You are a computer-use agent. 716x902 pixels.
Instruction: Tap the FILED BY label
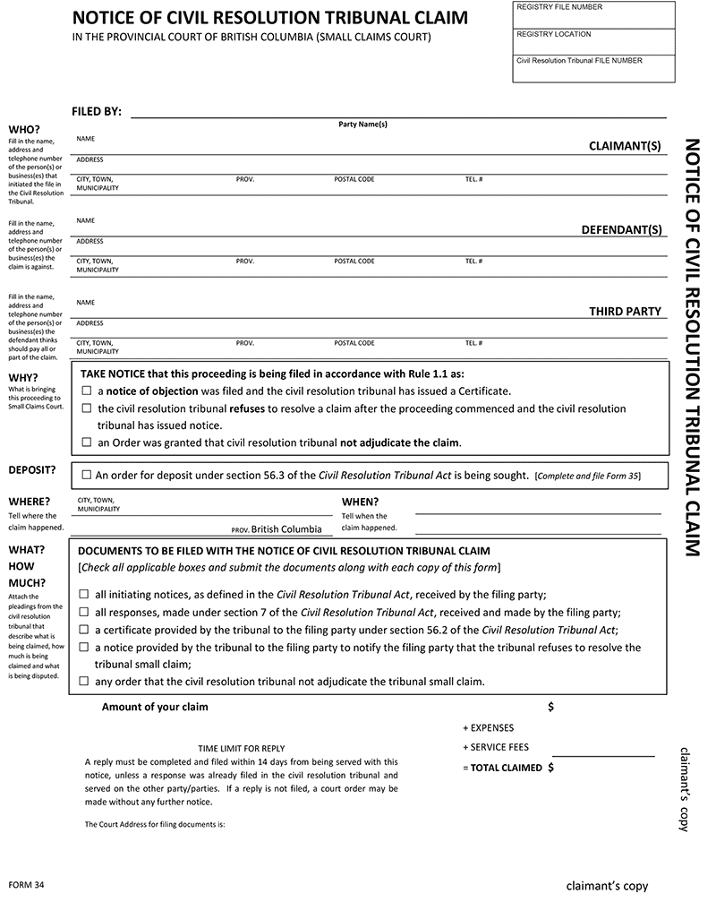click(97, 112)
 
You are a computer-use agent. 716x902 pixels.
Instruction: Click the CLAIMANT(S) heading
click(625, 146)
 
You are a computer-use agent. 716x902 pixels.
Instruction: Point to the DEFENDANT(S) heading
click(622, 230)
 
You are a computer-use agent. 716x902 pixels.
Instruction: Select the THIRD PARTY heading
click(625, 312)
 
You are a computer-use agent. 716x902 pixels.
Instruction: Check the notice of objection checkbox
click(87, 391)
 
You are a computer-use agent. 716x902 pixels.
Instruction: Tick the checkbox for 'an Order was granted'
click(87, 442)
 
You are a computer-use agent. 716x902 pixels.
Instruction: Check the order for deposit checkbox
click(86, 476)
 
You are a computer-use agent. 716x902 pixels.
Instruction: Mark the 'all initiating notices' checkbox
click(84, 594)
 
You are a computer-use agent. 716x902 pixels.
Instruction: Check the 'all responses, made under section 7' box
click(84, 613)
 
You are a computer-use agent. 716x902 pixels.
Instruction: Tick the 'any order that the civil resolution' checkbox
click(84, 682)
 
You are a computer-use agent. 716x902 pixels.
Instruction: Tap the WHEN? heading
click(360, 502)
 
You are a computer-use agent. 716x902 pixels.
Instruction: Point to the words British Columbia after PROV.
click(286, 529)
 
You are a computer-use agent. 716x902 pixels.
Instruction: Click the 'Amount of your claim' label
click(155, 707)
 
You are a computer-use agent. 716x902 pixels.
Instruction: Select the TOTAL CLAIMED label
click(507, 768)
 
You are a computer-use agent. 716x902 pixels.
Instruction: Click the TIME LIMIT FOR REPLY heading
click(241, 748)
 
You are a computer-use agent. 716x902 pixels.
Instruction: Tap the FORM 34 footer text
click(27, 885)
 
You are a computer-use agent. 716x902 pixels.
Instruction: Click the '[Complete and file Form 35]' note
click(587, 476)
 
